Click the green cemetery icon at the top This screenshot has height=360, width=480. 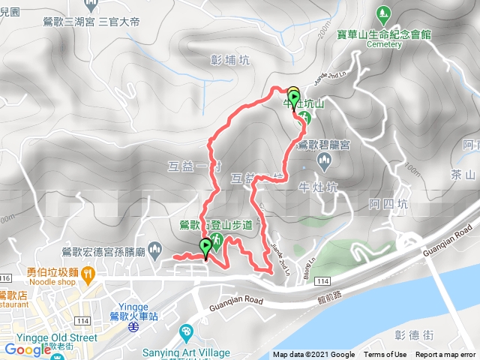384,13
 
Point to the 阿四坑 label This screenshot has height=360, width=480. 390,204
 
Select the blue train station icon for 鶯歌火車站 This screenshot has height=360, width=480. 132,326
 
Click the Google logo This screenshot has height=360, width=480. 28,349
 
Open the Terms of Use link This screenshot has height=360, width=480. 385,355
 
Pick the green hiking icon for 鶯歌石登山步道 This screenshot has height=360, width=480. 216,241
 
